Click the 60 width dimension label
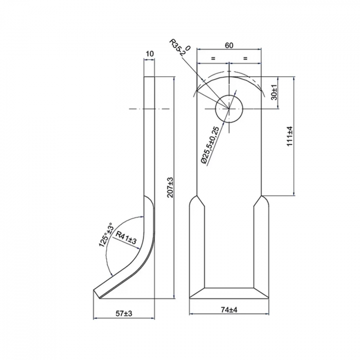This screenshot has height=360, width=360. [229, 45]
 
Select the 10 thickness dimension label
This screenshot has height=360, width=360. [150, 53]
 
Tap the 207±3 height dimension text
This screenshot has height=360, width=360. [170, 187]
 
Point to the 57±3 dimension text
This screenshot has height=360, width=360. [124, 313]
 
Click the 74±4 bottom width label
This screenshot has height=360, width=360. [229, 310]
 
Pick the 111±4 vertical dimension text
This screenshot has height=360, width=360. [290, 136]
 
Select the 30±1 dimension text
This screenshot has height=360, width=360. [274, 92]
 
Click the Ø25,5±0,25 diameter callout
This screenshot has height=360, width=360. [210, 146]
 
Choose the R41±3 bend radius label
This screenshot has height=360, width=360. [126, 238]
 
